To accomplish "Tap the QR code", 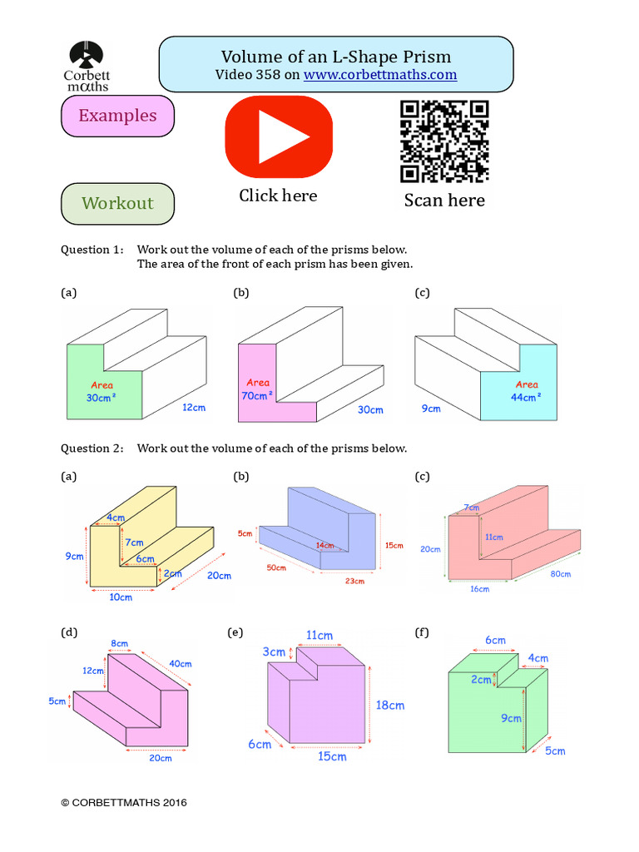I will (x=444, y=141).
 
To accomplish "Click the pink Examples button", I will (x=117, y=116).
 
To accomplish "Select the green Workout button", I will (x=117, y=204).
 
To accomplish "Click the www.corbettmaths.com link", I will (x=380, y=75).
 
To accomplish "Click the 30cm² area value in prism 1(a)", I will (x=103, y=398).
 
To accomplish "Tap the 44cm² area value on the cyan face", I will (x=527, y=397).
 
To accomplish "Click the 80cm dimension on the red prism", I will (x=560, y=574).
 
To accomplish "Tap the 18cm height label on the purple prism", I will (x=390, y=706).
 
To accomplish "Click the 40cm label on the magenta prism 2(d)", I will (x=181, y=664).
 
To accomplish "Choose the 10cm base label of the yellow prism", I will (x=121, y=597).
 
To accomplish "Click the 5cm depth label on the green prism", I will (x=555, y=750).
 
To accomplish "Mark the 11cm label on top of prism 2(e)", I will (x=320, y=636).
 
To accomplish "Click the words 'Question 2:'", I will (x=92, y=448).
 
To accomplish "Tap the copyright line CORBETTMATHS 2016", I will (x=124, y=803).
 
